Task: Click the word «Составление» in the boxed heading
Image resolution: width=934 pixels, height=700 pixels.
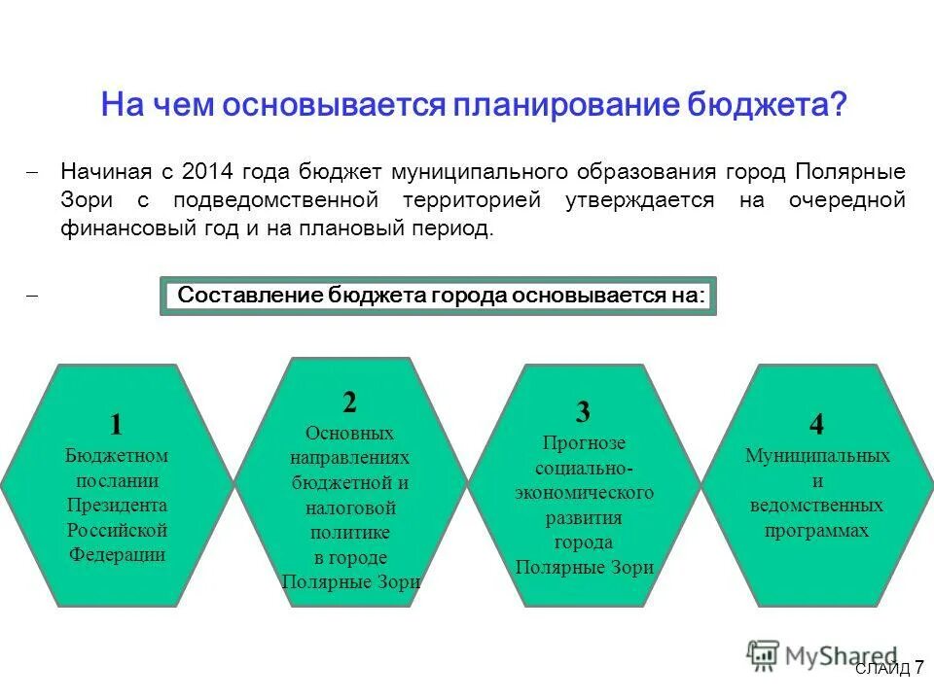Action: pos(250,296)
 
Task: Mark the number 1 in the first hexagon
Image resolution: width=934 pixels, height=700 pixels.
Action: pos(117,424)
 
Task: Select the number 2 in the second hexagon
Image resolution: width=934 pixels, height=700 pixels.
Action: pos(349,402)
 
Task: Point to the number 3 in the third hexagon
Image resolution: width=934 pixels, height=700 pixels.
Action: pos(583,412)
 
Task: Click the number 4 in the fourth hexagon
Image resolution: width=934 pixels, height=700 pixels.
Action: pos(816,424)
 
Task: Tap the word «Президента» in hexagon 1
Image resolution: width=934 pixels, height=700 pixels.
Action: pos(117,506)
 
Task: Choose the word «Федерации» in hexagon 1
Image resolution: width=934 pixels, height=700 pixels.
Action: pos(117,555)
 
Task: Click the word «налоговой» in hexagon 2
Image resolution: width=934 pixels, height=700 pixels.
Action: pos(350,507)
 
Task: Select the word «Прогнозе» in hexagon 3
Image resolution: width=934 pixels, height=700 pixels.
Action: pos(584,442)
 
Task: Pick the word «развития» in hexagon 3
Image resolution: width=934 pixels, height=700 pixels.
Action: pos(584,517)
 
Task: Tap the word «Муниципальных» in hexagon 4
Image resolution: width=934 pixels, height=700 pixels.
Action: pos(817,455)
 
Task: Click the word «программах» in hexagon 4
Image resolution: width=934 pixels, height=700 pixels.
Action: pos(817,531)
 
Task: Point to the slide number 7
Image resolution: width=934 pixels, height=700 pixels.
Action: pos(918,667)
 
